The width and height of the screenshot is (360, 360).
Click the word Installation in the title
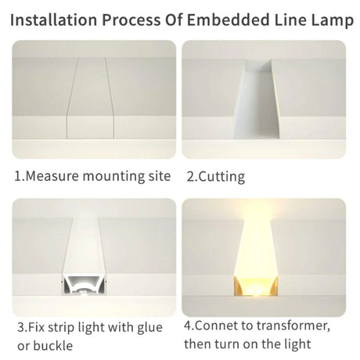(x=53, y=20)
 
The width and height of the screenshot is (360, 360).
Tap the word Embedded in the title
(x=228, y=20)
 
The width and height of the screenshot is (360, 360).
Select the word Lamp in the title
(x=332, y=21)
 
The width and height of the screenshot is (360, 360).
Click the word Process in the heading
(x=131, y=20)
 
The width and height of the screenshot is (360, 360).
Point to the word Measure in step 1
(x=52, y=176)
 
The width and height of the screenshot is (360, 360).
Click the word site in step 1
(x=160, y=176)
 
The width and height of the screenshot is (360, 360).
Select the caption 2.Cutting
(x=216, y=177)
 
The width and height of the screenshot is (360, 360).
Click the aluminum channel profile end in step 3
(x=85, y=285)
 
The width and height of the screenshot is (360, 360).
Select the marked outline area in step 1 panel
(x=90, y=98)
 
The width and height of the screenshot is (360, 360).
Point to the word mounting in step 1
(x=113, y=176)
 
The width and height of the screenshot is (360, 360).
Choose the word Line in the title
(x=290, y=20)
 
